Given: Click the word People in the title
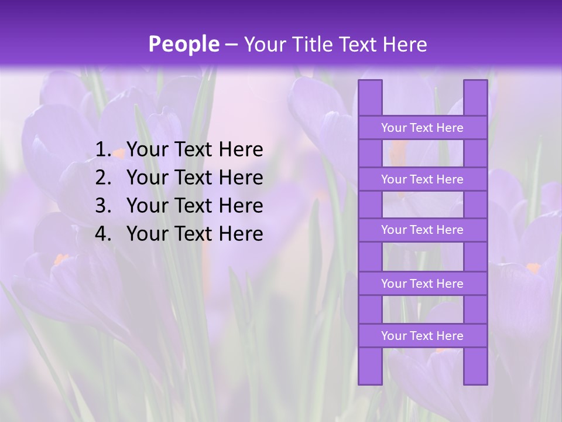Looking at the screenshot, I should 184,44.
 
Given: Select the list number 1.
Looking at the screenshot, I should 102,150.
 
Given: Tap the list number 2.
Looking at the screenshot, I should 102,178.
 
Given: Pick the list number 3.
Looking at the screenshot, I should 102,206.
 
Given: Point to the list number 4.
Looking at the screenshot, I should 102,234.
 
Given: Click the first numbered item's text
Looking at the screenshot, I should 194,150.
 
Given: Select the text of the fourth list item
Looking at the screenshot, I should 194,234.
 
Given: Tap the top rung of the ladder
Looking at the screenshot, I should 422,128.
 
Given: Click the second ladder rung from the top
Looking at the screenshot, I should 422,179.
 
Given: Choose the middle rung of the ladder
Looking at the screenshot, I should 422,230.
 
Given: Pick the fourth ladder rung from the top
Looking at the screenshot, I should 422,284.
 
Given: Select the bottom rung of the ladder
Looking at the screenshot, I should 422,336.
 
